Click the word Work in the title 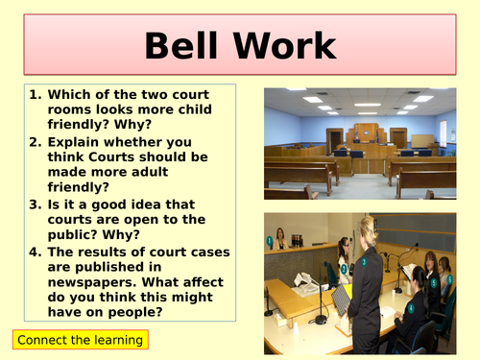(285, 46)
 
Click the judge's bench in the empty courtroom (365, 136)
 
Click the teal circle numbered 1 (270, 240)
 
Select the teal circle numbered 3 (363, 261)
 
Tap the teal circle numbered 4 (410, 309)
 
